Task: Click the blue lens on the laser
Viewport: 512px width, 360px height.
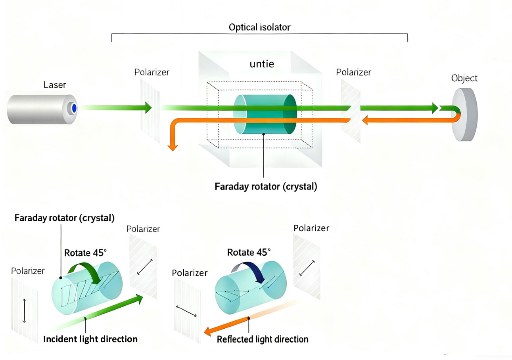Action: coord(74,108)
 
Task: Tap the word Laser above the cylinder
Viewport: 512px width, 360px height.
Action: coord(55,85)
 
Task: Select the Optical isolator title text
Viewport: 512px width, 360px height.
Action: coord(259,28)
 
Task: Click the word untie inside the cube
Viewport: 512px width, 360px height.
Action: coord(262,63)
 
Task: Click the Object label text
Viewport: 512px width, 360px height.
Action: coord(464,78)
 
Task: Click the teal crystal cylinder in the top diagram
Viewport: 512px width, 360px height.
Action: coord(265,115)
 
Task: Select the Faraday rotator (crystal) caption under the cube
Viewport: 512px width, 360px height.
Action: coord(266,186)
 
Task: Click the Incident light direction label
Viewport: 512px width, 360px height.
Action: coord(90,339)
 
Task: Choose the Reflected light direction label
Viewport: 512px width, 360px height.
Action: coord(263,339)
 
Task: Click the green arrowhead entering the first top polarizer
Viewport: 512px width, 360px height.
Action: coord(148,107)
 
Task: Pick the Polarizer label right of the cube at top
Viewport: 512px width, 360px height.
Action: coord(353,73)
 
